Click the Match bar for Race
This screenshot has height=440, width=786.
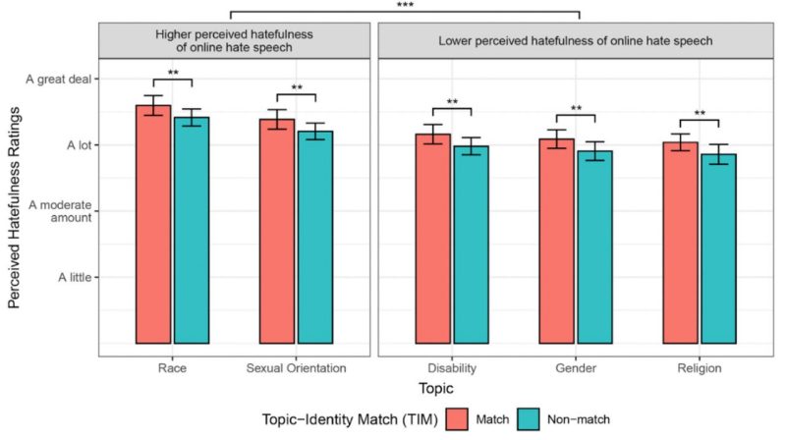tap(153, 225)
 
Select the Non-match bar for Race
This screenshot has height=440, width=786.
tap(191, 231)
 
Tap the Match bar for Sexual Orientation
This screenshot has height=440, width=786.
tap(276, 232)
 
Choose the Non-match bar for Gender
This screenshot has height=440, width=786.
tap(594, 247)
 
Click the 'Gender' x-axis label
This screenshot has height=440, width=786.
tap(575, 369)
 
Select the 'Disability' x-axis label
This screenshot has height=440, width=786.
tap(451, 369)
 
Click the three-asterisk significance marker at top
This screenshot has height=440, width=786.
tap(405, 6)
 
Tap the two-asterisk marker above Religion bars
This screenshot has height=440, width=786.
tap(700, 114)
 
